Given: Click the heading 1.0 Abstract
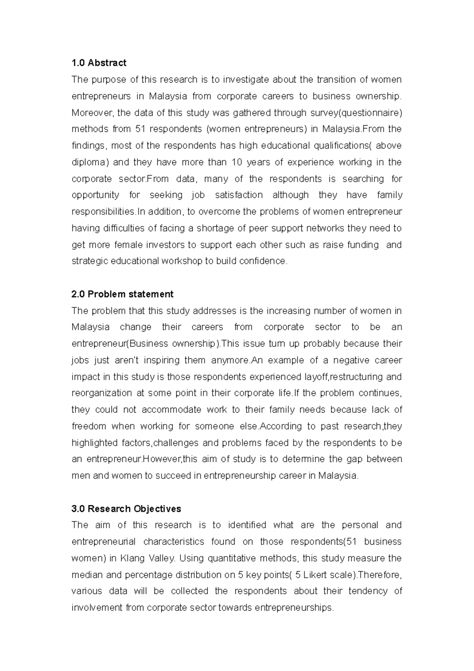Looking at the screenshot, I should click(99, 63).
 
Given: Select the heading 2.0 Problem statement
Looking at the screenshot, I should click(122, 294).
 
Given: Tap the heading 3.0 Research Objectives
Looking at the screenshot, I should click(126, 509).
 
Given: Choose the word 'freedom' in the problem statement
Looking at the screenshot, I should click(89, 426).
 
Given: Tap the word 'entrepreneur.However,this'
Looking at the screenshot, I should click(132, 459).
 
